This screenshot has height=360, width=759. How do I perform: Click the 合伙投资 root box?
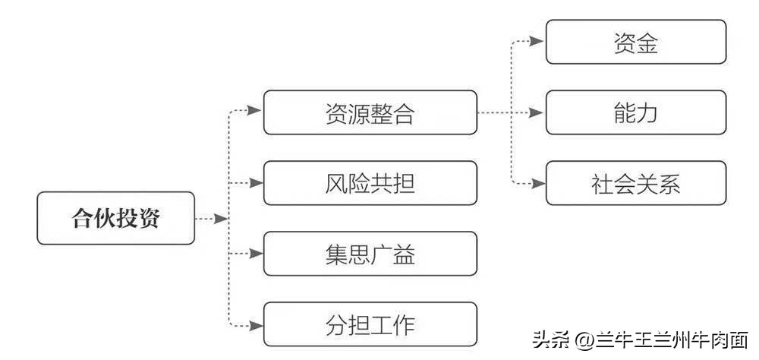116,218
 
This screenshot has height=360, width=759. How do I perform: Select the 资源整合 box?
370,112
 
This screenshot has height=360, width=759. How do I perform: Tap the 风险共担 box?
370,183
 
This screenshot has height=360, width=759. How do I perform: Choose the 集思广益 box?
370,254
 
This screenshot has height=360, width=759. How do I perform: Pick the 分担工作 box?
370,324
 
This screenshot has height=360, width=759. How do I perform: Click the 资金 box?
636,42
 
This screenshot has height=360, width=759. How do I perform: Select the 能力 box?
636,112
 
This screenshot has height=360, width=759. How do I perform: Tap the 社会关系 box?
636,183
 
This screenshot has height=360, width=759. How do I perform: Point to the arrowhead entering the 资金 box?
538,42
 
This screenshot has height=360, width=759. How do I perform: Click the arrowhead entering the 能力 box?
538,112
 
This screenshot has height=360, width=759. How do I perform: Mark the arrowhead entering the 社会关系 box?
538,183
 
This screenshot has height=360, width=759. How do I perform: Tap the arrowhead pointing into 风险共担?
256,183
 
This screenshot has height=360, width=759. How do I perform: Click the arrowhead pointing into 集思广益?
256,254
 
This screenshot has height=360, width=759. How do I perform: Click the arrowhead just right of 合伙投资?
221,219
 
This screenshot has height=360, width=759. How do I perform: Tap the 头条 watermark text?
550,339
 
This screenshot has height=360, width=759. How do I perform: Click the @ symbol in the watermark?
584,339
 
